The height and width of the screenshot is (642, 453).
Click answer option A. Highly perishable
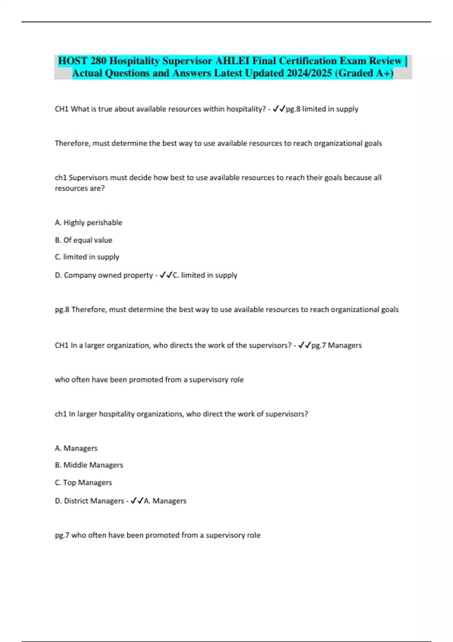(88, 223)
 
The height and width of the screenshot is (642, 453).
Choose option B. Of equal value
(83, 240)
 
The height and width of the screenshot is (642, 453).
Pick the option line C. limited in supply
(87, 257)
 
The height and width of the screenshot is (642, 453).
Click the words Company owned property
(108, 275)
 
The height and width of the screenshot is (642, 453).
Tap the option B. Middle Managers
(89, 465)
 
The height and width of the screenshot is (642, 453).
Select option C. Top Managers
(83, 483)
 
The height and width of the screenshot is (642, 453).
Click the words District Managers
(94, 501)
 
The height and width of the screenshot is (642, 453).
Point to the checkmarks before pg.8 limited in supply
(279, 109)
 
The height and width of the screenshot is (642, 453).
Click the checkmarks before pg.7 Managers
(304, 345)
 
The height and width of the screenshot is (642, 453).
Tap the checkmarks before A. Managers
(137, 501)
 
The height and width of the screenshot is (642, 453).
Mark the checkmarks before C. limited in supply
(166, 275)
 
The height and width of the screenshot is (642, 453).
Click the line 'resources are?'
(80, 188)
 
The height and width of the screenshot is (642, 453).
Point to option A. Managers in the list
(76, 448)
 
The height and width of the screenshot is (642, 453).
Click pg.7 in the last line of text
(62, 536)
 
